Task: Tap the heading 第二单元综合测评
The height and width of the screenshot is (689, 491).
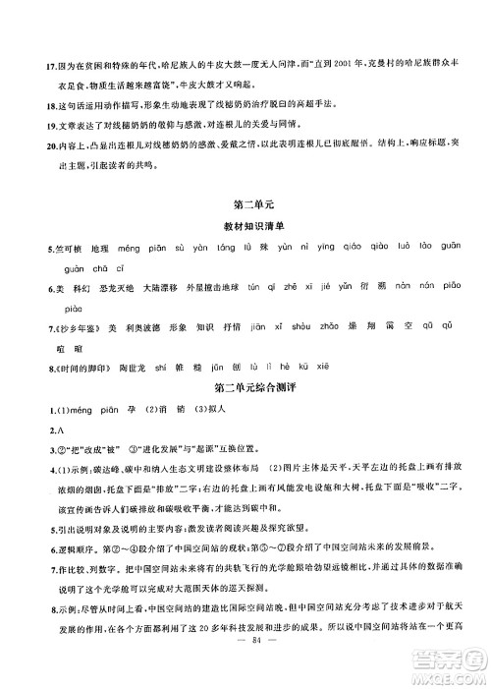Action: tap(245, 389)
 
